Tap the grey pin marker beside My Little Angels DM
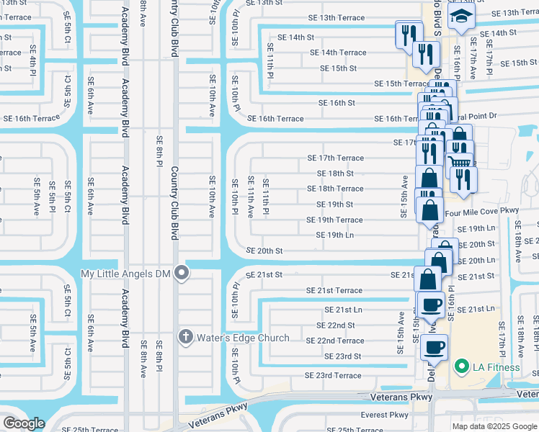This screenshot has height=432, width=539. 182,273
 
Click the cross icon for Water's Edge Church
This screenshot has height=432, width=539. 184,337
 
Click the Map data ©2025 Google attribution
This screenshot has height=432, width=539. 494,426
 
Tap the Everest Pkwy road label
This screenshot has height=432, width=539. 384,415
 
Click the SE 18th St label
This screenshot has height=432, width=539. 335,174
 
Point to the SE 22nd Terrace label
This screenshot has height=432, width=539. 335,341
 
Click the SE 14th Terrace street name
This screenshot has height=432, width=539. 338,53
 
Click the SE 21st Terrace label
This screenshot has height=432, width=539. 334,290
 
